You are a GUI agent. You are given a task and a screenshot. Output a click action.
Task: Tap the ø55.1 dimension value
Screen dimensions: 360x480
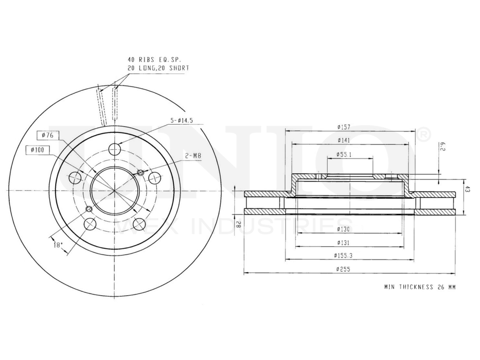coord(344,155)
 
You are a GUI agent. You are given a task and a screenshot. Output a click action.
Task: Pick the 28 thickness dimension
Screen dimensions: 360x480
coord(238,223)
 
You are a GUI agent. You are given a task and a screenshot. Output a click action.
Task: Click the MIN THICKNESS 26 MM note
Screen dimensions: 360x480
coord(420,287)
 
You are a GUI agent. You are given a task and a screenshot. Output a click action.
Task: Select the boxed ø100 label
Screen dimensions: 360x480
coord(37,150)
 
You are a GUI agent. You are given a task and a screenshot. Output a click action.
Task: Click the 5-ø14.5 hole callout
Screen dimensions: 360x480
coord(182,121)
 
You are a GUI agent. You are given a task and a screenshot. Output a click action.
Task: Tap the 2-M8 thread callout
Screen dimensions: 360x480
coord(193,156)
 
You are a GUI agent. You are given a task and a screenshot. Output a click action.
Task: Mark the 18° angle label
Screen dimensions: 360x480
coord(58,245)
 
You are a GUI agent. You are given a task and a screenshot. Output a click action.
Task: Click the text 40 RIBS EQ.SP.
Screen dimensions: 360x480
coord(152,60)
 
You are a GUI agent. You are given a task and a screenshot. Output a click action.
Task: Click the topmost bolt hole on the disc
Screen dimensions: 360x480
coord(114,149)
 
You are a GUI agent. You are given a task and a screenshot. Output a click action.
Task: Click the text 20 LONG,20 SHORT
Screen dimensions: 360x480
coord(158,68)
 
